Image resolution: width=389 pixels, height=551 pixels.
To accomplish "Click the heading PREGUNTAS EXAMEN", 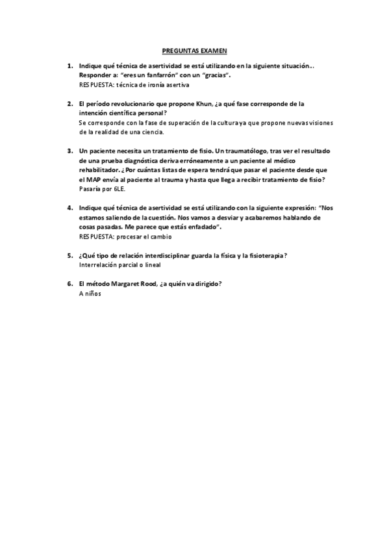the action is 194,49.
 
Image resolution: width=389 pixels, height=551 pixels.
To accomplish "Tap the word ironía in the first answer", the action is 155,85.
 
